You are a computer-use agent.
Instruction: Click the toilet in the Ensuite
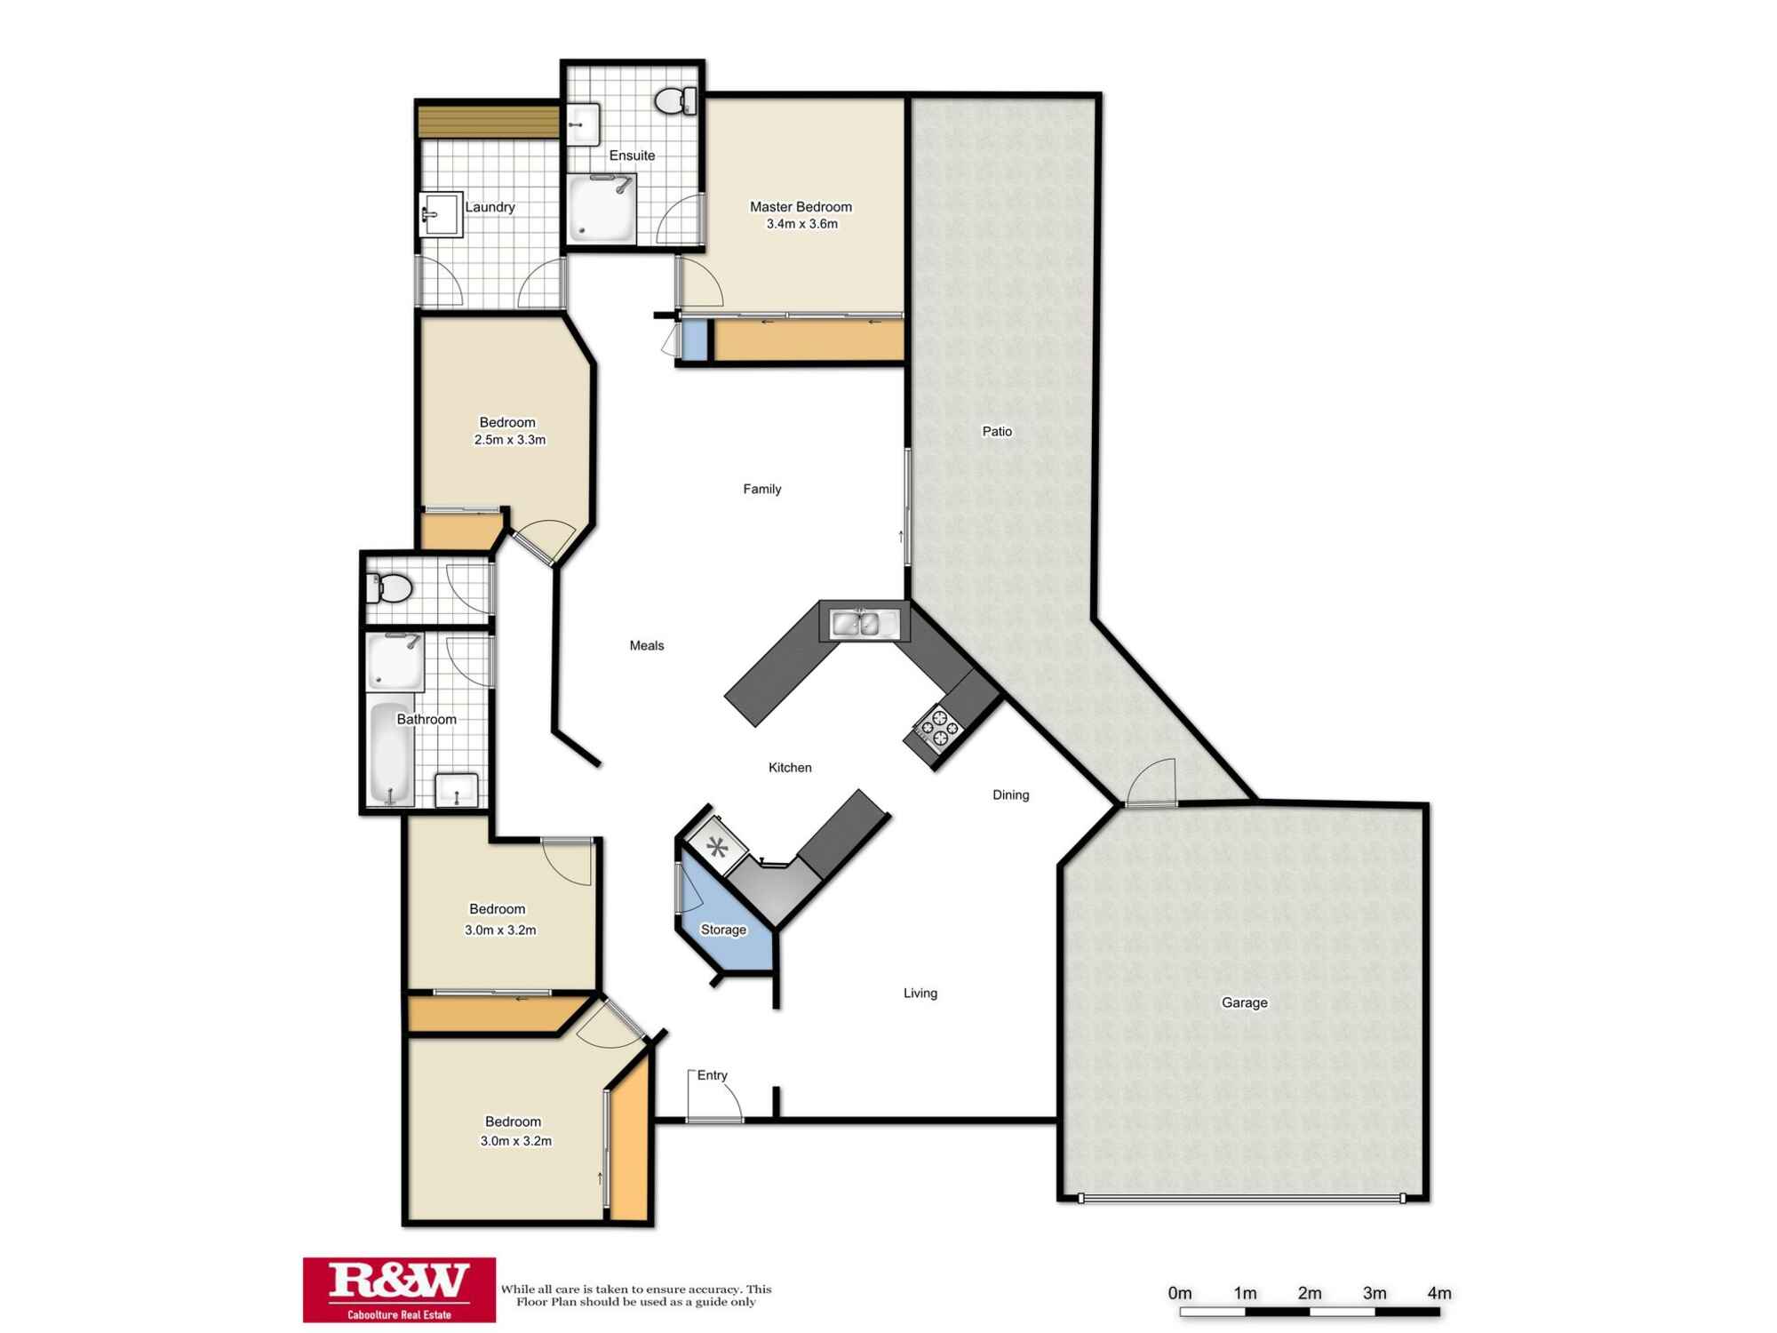674,100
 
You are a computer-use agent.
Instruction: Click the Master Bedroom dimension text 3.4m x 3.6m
801,224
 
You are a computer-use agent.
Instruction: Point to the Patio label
996,432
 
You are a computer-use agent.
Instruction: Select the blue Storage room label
723,930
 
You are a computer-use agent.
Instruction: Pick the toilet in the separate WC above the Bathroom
393,587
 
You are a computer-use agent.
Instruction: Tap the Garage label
1244,1002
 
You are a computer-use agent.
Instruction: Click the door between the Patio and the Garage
1151,784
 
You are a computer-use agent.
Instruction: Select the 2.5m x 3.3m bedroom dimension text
509,440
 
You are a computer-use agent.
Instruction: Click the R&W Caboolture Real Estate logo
399,1289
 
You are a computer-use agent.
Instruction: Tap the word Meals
646,646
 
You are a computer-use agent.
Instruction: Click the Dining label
1010,795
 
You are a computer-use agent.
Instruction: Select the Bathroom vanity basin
456,789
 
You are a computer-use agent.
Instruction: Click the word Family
761,489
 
